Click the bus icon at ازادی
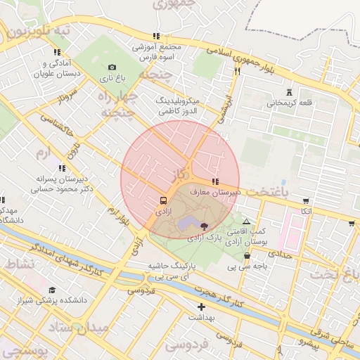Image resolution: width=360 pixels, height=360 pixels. point(163,200)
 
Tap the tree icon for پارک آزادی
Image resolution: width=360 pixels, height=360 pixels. point(204,226)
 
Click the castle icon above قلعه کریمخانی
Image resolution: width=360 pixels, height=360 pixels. point(289,92)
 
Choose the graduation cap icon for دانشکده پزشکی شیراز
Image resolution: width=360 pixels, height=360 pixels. point(52,290)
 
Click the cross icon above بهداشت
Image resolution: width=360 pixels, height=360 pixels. point(202,307)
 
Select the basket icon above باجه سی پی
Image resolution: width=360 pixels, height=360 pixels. point(247,256)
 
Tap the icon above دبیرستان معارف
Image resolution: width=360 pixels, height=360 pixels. point(214,181)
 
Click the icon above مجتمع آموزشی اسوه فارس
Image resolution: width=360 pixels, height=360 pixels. point(156,36)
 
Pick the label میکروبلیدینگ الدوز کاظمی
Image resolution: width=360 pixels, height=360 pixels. point(176,106)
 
